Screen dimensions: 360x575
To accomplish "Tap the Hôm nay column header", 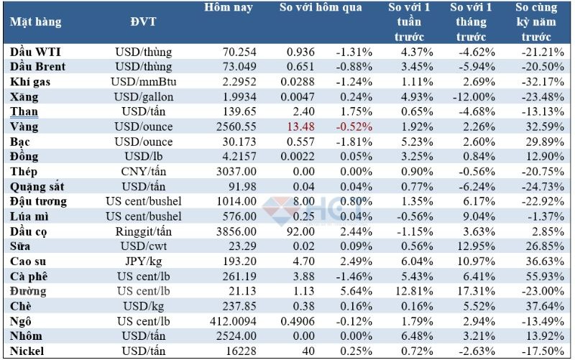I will [228, 9].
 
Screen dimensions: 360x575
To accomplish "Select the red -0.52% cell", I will [354, 126].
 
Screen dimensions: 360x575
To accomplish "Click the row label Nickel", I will [28, 351].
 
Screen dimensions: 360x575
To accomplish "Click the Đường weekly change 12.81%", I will [408, 291].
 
